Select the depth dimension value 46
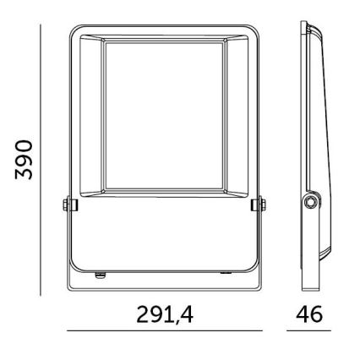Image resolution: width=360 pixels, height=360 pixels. pos(306,315)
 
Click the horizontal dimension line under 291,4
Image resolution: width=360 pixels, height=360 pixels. pos(161,331)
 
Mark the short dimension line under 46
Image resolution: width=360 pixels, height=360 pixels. pos(306,331)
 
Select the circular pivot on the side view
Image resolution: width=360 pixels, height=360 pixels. pos(312,204)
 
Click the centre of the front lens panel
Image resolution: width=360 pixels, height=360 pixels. pos(161,115)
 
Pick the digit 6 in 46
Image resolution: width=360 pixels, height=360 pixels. pos(314,315)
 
